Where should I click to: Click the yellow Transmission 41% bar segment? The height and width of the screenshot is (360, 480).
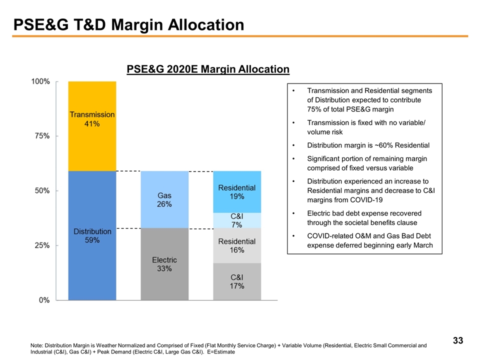92,125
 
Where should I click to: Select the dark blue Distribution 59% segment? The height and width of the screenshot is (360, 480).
92,235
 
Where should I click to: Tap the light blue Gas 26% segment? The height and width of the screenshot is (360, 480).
164,199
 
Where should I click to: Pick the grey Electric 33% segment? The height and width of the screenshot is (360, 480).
164,264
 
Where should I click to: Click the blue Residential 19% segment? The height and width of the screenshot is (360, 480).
236,192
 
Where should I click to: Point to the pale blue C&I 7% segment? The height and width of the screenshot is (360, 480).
236,220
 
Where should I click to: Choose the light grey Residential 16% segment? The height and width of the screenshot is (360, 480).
236,245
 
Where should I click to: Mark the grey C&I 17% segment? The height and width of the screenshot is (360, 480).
236,281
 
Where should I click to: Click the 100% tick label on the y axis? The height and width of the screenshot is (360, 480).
40,81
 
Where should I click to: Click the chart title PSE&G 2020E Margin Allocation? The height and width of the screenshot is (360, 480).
207,69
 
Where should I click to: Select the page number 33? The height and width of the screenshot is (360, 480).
457,341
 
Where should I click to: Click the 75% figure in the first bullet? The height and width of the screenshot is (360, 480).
314,109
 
